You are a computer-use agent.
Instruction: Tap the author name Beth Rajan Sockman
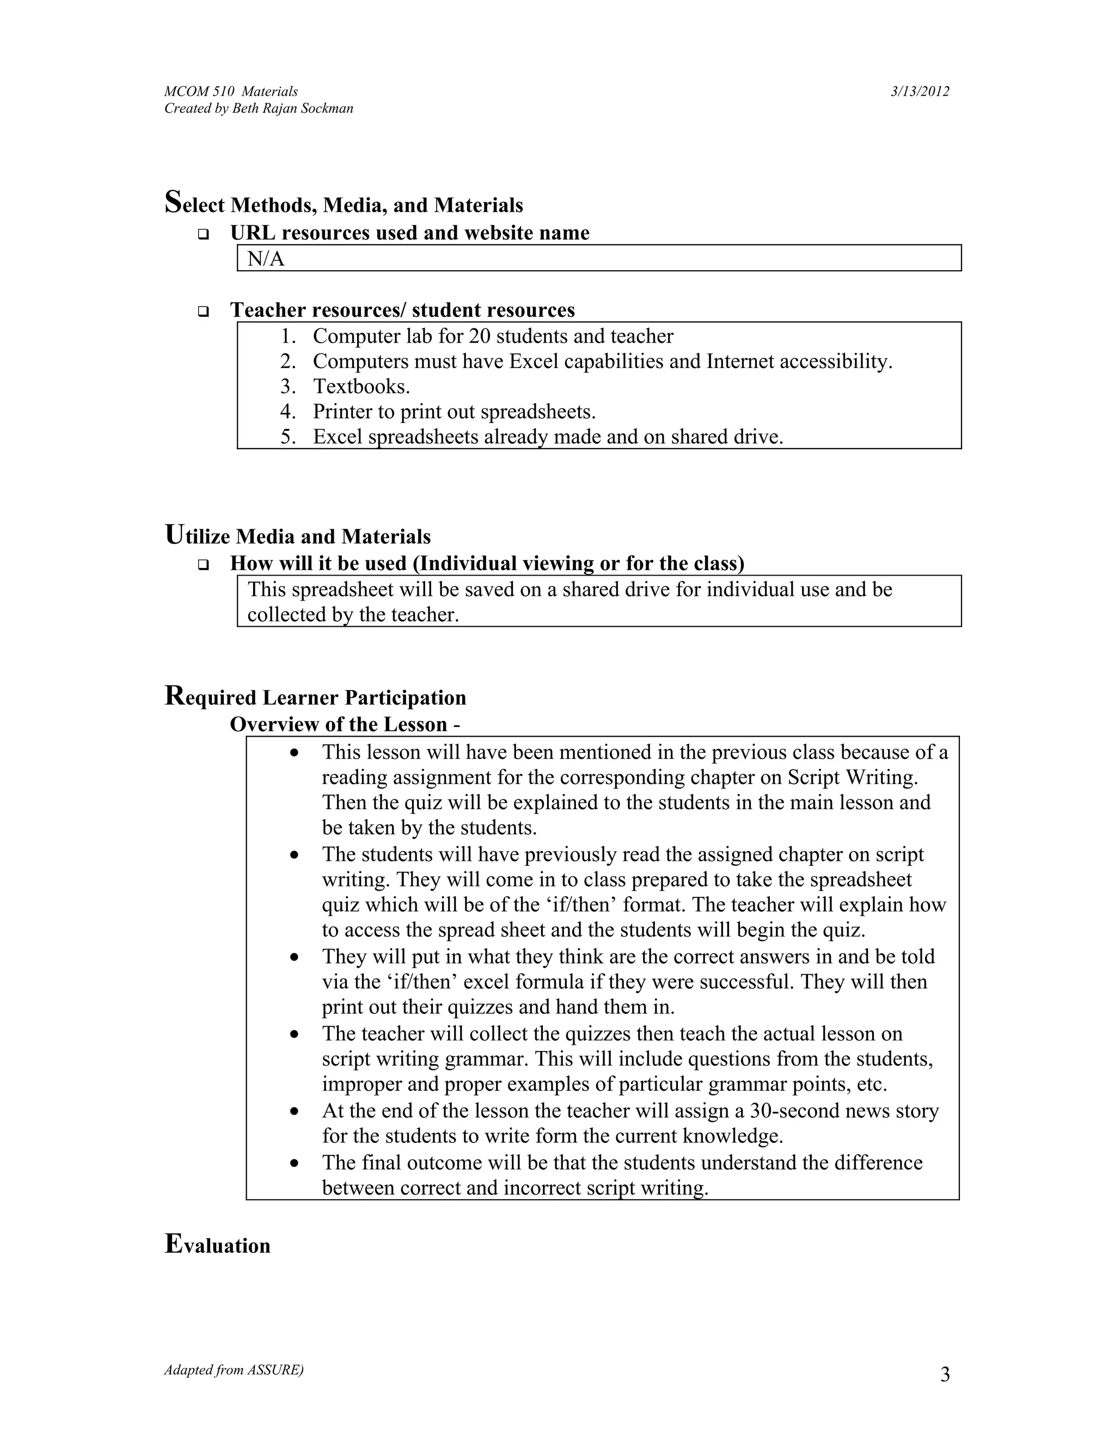click(292, 108)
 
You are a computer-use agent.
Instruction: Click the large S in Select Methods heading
click(173, 201)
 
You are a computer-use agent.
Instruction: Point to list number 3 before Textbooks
click(287, 387)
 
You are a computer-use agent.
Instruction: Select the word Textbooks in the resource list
click(360, 387)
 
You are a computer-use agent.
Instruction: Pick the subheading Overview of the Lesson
click(344, 725)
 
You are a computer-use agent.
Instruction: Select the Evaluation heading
click(217, 1245)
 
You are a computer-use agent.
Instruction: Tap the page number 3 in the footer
click(945, 1375)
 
